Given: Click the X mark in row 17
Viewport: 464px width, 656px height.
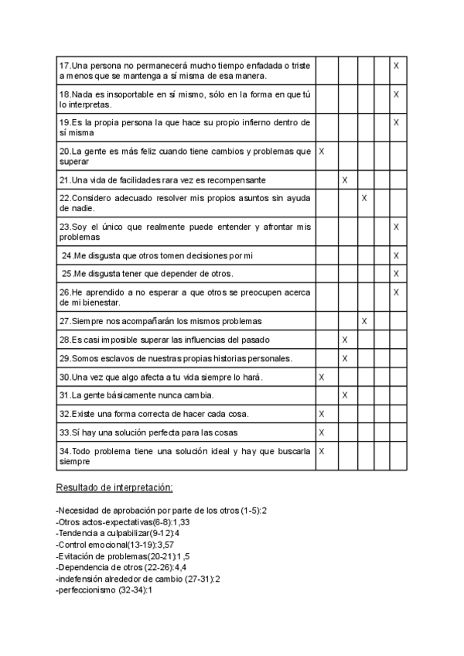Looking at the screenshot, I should click(396, 67).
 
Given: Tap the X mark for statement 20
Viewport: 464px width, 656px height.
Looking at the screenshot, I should click(322, 152).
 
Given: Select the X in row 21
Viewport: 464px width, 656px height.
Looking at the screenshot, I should click(345, 180).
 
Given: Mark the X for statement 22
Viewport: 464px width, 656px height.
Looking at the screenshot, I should click(363, 199).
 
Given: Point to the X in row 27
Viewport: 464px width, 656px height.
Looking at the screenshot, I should click(363, 321).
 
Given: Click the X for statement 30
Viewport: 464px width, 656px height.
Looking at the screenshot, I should click(322, 377).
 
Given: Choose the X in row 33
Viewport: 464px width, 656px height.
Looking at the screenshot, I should click(322, 432).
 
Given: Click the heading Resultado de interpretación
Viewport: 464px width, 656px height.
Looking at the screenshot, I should click(114, 488).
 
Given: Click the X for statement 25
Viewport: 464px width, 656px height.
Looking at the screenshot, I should click(396, 274).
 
